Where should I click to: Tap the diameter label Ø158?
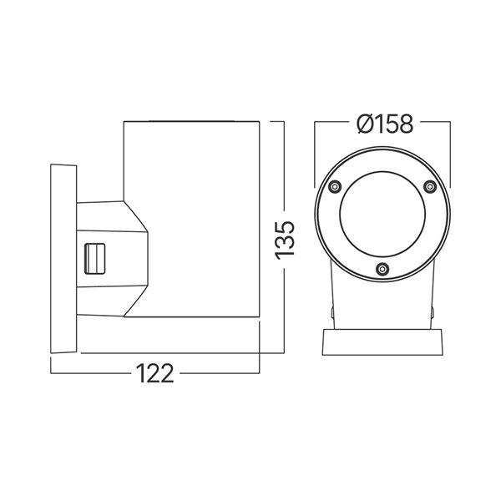point(383,124)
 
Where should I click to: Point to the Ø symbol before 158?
point(361,124)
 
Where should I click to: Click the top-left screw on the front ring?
point(334,186)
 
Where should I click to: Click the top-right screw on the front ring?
point(430,186)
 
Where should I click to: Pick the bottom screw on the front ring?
point(382,268)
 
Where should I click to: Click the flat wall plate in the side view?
point(63,259)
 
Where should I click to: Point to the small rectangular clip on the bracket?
point(96,259)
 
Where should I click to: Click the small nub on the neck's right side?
point(434,314)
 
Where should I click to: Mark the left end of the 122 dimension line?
point(51,372)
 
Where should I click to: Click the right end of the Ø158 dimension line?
point(451,124)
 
